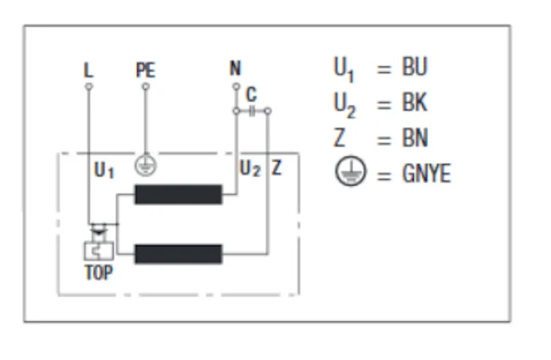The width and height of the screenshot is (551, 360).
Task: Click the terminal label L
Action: [x=88, y=70]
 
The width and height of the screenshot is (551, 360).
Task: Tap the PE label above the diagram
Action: [x=146, y=70]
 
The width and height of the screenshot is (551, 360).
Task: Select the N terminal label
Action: [x=236, y=68]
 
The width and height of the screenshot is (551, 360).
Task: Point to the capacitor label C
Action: [x=251, y=94]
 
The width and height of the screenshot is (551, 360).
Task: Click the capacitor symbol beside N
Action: [x=252, y=111]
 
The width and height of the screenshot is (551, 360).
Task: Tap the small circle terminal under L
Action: [x=89, y=86]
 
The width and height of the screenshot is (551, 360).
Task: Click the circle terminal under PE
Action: [x=146, y=86]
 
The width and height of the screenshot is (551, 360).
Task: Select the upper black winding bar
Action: [x=179, y=194]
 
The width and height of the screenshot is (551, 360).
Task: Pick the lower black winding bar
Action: [x=179, y=254]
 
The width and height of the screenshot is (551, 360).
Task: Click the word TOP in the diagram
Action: [x=98, y=272]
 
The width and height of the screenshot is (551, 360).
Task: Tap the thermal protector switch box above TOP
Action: [x=98, y=251]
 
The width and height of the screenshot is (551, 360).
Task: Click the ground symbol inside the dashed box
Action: [x=146, y=166]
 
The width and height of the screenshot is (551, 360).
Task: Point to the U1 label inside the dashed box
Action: [x=104, y=170]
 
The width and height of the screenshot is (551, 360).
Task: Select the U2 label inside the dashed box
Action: [x=250, y=169]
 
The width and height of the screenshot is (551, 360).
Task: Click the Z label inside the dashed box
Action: [x=276, y=168]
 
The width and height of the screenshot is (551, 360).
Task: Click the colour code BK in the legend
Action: [x=415, y=102]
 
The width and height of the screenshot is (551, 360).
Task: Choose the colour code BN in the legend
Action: [x=415, y=138]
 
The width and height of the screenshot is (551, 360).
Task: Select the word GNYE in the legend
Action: [x=426, y=174]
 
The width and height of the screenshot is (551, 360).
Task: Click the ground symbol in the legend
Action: [x=350, y=171]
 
